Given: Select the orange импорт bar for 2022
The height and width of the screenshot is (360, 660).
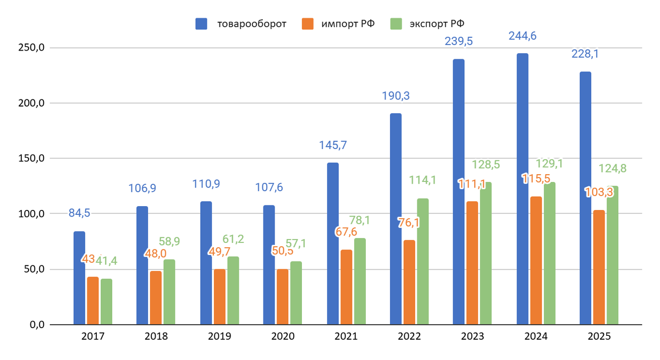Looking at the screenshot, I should pos(409,282).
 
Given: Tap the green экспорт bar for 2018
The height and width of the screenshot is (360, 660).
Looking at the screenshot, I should pos(169,292).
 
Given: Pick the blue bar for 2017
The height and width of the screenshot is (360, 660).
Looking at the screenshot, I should pos(79,278).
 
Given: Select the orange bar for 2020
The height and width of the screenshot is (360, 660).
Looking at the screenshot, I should pos(282,297).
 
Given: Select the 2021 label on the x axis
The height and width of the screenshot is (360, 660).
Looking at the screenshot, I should pos(345,337).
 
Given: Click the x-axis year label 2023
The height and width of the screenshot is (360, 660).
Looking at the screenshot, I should pos(472,337).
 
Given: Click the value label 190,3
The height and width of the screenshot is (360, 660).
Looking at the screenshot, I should pos(396,96).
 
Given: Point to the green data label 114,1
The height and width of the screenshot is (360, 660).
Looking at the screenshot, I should pos(422,180).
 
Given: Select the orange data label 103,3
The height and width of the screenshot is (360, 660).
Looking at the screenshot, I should pos(598,192).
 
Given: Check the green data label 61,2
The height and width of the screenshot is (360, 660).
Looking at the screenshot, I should pos(234,239).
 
